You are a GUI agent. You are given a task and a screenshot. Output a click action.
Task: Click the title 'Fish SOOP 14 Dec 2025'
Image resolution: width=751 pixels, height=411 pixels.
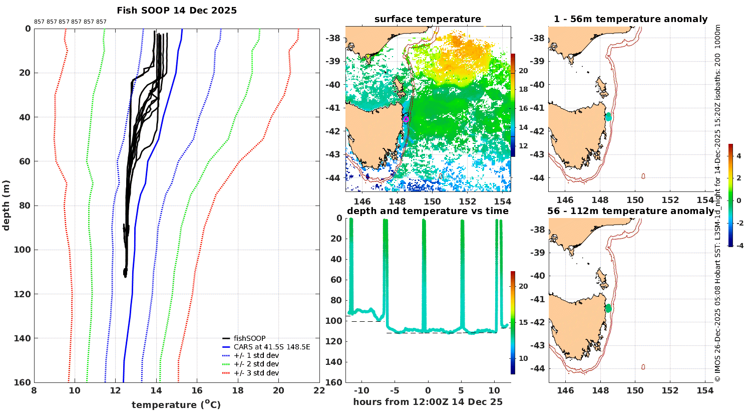click(x=177, y=11)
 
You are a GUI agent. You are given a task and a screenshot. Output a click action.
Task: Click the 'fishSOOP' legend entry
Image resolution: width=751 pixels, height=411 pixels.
click(x=249, y=338)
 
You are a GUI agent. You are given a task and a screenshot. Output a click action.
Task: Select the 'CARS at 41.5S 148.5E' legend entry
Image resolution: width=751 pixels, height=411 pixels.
click(x=272, y=347)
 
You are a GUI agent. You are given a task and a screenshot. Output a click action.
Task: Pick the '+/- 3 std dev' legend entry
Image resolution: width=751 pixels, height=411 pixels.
click(x=256, y=373)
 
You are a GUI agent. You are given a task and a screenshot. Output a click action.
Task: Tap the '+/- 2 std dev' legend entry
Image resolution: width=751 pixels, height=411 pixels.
click(x=256, y=364)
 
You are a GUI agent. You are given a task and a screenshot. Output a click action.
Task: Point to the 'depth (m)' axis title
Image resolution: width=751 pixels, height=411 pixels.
click(x=7, y=205)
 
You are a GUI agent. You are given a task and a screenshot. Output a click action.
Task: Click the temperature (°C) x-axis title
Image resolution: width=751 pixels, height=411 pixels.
click(x=176, y=404)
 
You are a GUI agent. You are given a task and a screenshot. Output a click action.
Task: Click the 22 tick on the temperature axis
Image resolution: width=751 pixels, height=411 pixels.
click(x=319, y=391)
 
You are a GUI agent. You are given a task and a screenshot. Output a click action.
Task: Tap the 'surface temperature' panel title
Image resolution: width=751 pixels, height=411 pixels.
click(x=428, y=20)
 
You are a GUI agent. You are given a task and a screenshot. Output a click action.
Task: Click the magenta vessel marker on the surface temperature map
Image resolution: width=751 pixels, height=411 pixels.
click(x=406, y=119)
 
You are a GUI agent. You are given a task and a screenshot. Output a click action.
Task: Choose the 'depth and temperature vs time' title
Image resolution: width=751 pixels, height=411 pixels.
click(x=428, y=211)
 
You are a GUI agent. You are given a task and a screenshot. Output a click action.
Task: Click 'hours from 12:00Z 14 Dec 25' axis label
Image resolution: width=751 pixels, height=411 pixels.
click(x=428, y=402)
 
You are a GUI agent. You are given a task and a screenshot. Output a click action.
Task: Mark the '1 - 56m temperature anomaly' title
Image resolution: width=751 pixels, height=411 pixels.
click(x=630, y=20)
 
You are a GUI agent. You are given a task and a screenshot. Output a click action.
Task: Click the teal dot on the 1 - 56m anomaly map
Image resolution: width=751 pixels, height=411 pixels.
click(x=608, y=117)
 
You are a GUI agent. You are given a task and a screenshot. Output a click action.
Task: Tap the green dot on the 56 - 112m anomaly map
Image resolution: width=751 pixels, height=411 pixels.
click(x=608, y=308)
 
